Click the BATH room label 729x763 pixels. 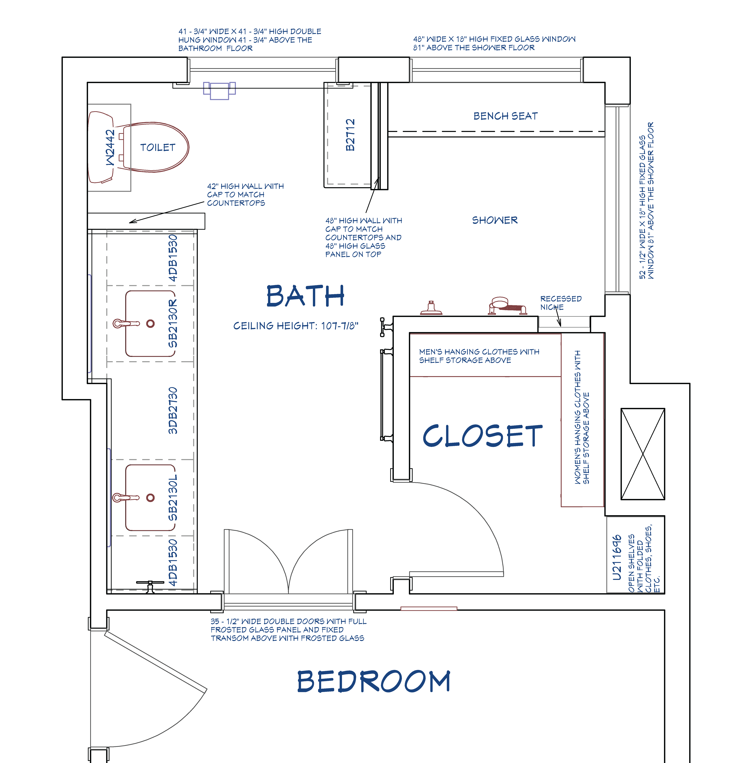point(305,296)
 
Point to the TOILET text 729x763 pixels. point(158,147)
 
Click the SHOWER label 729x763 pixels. point(495,220)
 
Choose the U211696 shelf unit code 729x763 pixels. point(617,558)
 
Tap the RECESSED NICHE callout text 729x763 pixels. point(561,303)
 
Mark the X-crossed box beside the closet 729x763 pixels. point(643,454)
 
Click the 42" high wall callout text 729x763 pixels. point(245,195)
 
